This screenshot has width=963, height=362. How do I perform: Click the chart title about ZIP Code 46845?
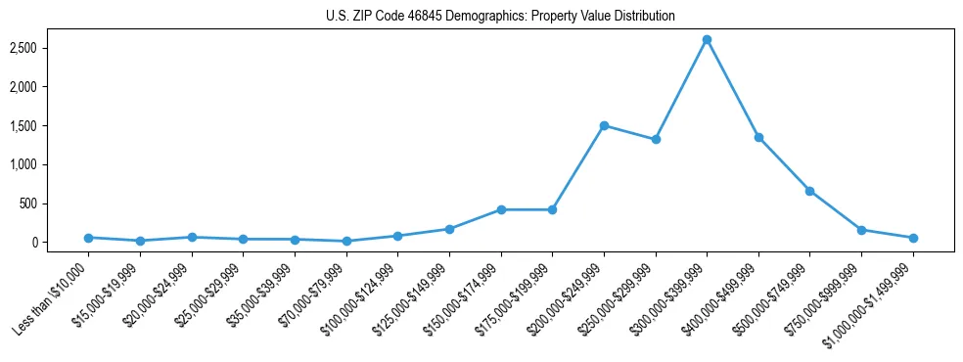coord(500,17)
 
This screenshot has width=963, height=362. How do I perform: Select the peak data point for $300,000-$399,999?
coord(707,40)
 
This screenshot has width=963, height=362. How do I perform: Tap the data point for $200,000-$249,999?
coord(604,125)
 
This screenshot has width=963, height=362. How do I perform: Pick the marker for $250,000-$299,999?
coord(656,139)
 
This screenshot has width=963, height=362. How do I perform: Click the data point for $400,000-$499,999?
coord(758,137)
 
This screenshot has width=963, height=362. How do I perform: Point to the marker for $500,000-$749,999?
coord(809,191)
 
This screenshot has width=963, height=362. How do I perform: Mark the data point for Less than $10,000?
coord(88,238)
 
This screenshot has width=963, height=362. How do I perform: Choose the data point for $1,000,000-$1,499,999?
coord(913,238)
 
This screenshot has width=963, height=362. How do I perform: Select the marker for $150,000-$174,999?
coord(501,209)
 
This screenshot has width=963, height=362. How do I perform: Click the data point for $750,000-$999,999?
coord(861,230)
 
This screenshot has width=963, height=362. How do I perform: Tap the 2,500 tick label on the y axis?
coord(49,48)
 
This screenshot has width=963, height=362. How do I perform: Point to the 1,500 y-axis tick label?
coord(49,126)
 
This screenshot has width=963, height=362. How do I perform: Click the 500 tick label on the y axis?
coord(54,204)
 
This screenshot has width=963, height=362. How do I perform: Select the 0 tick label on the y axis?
coord(60,243)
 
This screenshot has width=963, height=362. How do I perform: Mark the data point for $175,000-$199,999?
coord(552,209)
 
